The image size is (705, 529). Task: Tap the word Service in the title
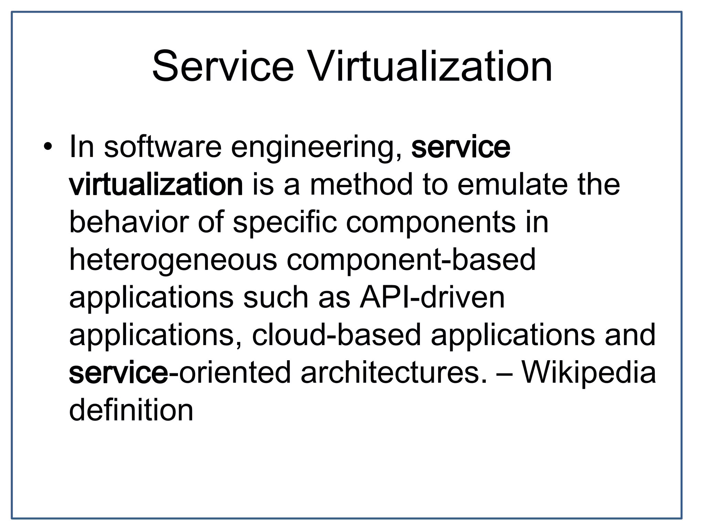(x=223, y=66)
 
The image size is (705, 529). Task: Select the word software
(x=162, y=147)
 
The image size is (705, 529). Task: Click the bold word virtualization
(x=156, y=185)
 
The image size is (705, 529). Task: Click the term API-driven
(x=432, y=298)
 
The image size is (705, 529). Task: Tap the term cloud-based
(x=336, y=335)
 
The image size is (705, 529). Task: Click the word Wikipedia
(x=589, y=373)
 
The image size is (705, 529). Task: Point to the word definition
(x=131, y=410)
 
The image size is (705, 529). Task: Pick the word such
(x=275, y=298)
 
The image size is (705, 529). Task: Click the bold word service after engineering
(x=461, y=147)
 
